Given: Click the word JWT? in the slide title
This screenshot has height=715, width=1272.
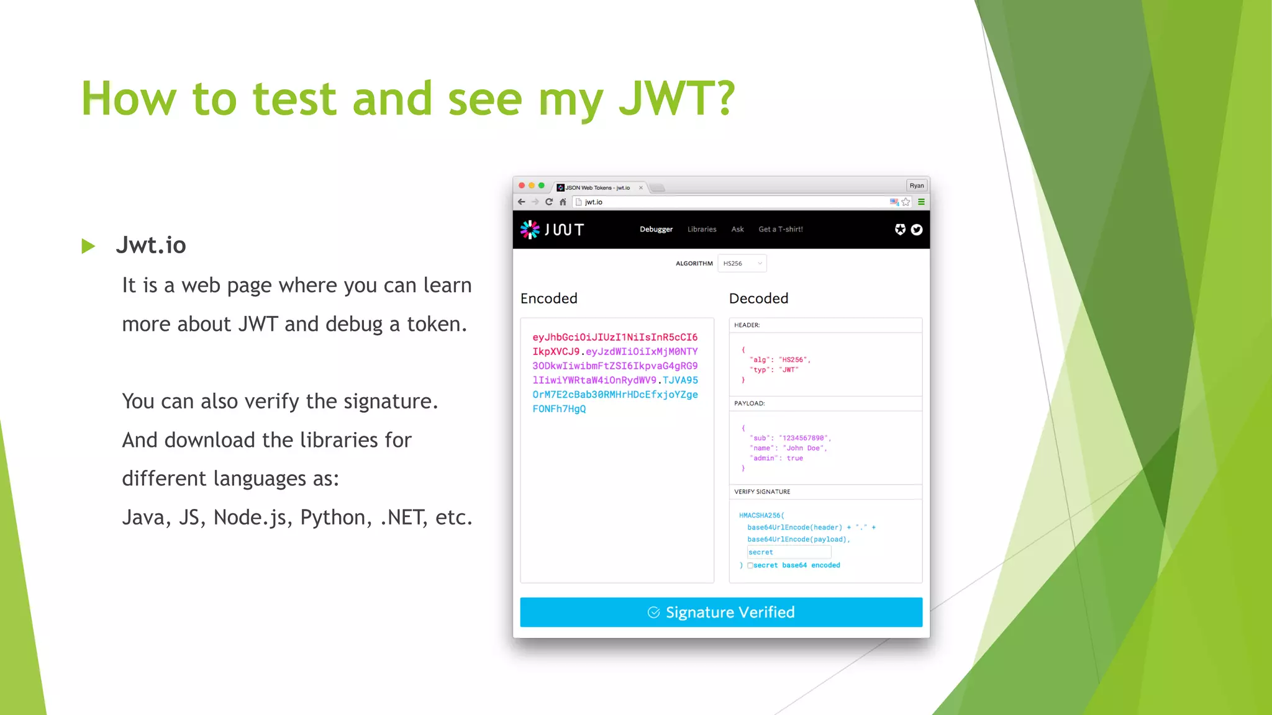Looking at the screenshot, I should tap(676, 99).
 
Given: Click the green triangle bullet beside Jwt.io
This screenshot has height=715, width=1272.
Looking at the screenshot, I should tap(88, 246).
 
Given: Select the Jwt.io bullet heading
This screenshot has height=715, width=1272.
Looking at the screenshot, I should tap(151, 245).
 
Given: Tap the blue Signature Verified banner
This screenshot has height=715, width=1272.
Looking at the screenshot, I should tap(721, 612).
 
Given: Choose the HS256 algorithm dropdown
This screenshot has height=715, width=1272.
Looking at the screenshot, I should tap(742, 263).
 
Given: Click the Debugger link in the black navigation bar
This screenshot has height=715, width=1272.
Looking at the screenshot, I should tap(656, 229).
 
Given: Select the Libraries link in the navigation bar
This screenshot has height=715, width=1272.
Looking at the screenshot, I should tap(702, 229).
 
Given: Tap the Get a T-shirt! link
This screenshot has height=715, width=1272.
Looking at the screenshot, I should tap(781, 229).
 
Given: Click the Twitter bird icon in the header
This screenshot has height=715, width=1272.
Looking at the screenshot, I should tap(917, 230).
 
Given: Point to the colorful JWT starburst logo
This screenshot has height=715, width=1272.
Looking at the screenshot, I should tap(530, 230).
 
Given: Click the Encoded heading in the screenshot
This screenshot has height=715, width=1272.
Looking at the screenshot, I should tap(549, 299).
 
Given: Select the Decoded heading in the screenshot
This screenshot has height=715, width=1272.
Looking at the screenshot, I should tap(758, 299).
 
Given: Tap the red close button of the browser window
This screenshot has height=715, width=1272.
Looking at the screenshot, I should tap(522, 186).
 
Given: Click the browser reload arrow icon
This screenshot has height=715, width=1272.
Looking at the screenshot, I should tap(549, 202).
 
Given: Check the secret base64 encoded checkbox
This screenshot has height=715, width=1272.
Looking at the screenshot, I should tap(750, 565).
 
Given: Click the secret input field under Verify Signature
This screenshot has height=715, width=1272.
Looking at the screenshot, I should tap(789, 552).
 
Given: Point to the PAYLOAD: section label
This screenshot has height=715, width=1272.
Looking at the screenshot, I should tap(749, 403).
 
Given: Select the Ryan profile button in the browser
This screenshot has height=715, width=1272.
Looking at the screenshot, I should tap(917, 186).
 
